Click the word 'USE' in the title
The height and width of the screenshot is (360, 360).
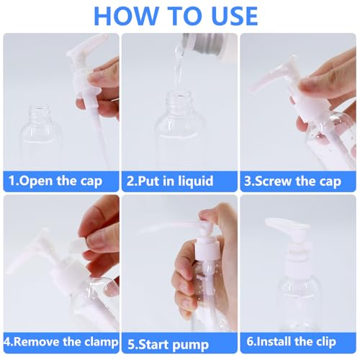point(228,16)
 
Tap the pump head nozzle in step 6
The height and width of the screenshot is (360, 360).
point(278,225)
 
